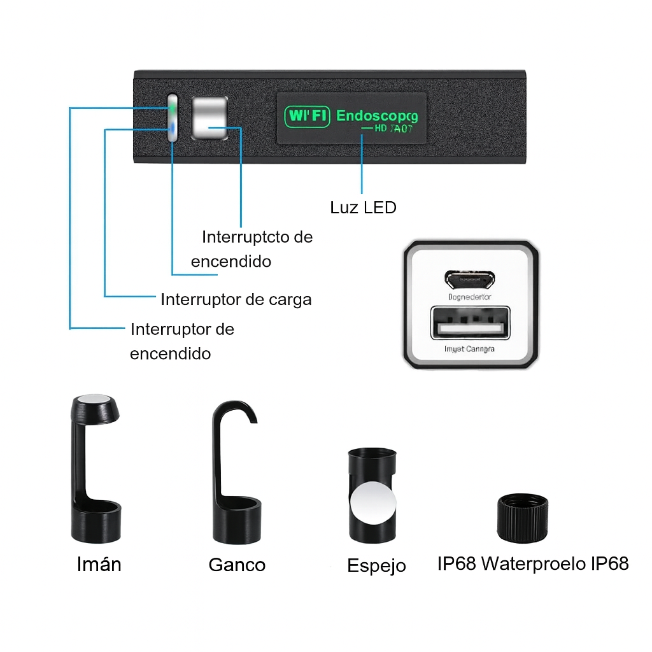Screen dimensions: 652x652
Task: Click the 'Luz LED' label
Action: tap(363, 208)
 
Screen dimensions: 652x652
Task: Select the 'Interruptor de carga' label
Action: tap(236, 299)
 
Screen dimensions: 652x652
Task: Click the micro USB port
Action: tap(471, 279)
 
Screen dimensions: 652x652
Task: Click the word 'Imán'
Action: tap(99, 564)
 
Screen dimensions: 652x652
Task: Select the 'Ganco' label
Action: tap(237, 565)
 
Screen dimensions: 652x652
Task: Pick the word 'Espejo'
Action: tap(376, 565)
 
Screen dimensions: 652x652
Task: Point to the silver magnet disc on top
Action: tap(96, 401)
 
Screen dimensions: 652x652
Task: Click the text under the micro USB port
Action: tap(471, 297)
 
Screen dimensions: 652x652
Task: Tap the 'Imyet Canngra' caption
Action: tap(471, 348)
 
